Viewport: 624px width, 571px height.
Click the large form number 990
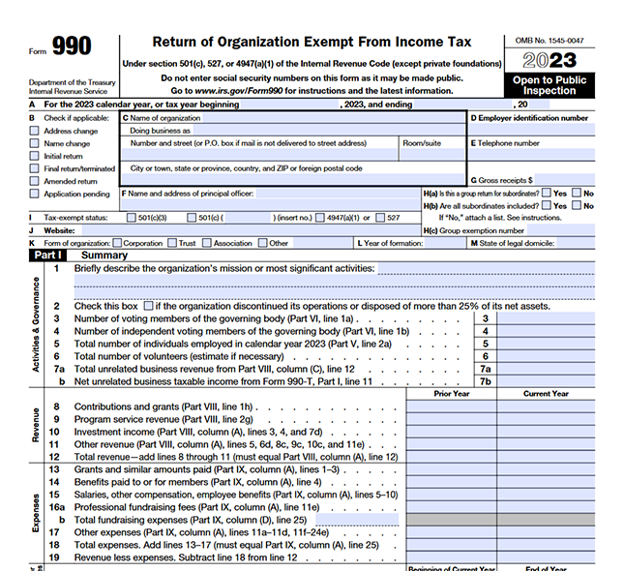pos(73,46)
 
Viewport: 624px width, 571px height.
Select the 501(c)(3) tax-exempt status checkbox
pos(131,218)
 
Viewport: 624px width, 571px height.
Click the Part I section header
pos(49,255)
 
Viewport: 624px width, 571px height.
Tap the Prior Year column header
pos(452,394)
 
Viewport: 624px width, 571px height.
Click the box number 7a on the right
pos(486,369)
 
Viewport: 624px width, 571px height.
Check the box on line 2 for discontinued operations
pos(148,306)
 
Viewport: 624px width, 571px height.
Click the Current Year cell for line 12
pos(547,456)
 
